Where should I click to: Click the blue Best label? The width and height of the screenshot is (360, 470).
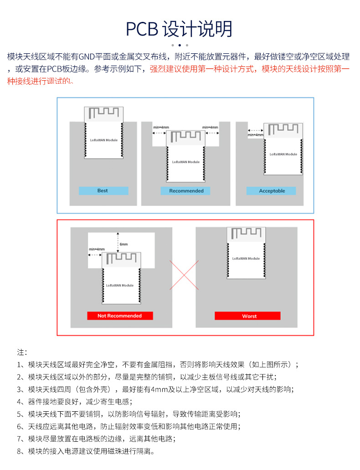click(103, 191)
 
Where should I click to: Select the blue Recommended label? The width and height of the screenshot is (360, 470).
click(186, 191)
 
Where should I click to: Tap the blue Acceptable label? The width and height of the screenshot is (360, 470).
click(272, 191)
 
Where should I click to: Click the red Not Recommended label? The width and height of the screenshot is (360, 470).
click(120, 316)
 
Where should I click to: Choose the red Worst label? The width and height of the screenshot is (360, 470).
click(249, 316)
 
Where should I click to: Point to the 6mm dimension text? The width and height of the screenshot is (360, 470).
click(124, 245)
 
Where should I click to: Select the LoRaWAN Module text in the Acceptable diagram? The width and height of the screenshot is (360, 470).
click(283, 154)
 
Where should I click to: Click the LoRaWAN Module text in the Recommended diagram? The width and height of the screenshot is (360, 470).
click(186, 162)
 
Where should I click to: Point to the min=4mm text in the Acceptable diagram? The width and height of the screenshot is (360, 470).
click(255, 135)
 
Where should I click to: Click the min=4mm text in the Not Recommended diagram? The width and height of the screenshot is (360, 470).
click(97, 250)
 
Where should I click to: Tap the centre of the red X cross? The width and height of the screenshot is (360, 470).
click(184, 275)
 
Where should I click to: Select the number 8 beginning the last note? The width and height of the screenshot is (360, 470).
click(20, 452)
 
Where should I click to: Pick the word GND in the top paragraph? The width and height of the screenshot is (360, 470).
click(86, 57)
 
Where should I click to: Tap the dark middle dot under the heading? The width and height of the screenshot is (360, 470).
click(180, 45)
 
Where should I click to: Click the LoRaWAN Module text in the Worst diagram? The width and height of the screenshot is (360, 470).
click(246, 258)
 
